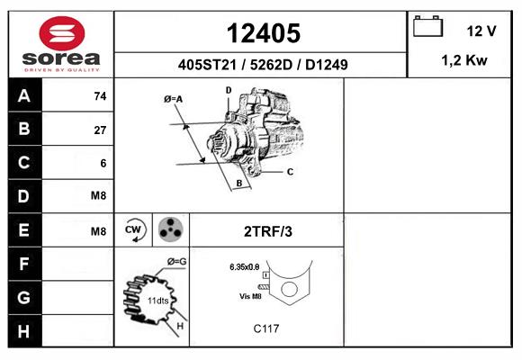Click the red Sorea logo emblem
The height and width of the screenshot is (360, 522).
pyautogui.click(x=62, y=33)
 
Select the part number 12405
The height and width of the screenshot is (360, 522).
pyautogui.click(x=264, y=33)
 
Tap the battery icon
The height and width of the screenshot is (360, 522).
pyautogui.click(x=427, y=26)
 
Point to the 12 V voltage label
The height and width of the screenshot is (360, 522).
pyautogui.click(x=481, y=31)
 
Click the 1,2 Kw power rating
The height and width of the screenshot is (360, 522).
pyautogui.click(x=464, y=60)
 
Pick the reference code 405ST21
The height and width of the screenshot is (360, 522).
pyautogui.click(x=207, y=65)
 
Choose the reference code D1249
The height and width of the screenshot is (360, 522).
pyautogui.click(x=326, y=65)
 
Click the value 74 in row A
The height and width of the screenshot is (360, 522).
pyautogui.click(x=100, y=96)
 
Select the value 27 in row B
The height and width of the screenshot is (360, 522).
pyautogui.click(x=100, y=130)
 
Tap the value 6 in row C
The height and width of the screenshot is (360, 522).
pyautogui.click(x=103, y=163)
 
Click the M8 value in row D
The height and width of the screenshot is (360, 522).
pyautogui.click(x=98, y=195)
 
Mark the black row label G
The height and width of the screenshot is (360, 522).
pyautogui.click(x=24, y=297)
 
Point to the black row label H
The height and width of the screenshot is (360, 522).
pyautogui.click(x=24, y=331)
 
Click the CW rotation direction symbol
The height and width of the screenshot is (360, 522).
pyautogui.click(x=134, y=229)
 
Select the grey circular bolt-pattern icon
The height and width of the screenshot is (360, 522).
pyautogui.click(x=171, y=229)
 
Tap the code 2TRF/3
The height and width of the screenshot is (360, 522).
pyautogui.click(x=268, y=231)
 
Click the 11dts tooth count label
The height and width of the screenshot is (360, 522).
pyautogui.click(x=158, y=301)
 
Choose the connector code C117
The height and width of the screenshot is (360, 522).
pyautogui.click(x=266, y=328)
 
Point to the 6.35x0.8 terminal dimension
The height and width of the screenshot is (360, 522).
pyautogui.click(x=245, y=266)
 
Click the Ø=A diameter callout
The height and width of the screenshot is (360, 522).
pyautogui.click(x=173, y=99)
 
